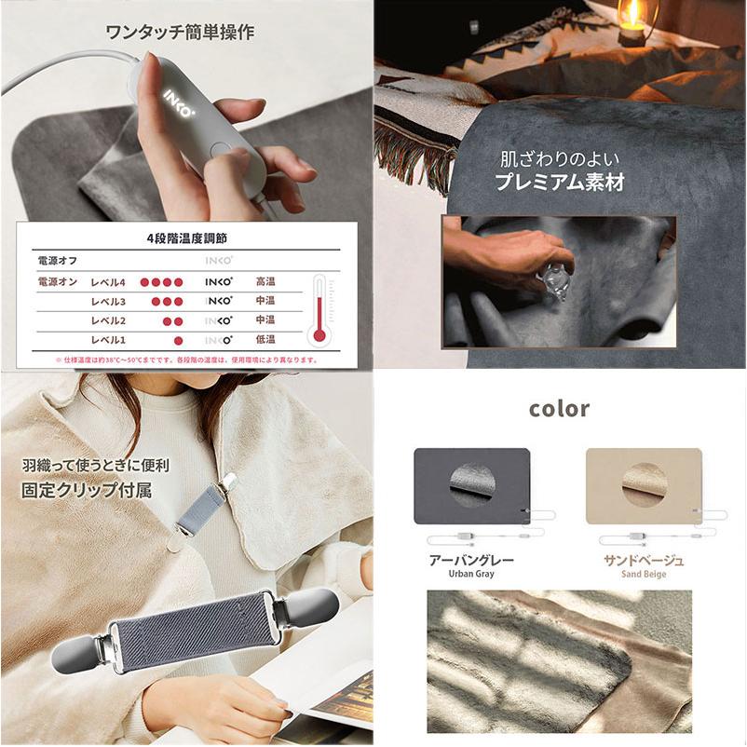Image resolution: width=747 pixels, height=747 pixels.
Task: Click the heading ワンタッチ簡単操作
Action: pyautogui.click(x=180, y=32)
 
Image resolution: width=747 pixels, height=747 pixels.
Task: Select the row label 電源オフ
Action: pyautogui.click(x=58, y=261)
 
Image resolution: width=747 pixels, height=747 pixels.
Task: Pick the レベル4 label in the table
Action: pyautogui.click(x=108, y=281)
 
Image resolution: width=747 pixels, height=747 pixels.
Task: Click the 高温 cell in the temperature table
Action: pyautogui.click(x=265, y=281)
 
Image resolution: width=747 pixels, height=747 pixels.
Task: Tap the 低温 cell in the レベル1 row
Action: pyautogui.click(x=265, y=339)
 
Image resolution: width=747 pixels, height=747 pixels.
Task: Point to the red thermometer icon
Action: pyautogui.click(x=319, y=309)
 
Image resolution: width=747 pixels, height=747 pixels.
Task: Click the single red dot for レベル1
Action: pyautogui.click(x=178, y=339)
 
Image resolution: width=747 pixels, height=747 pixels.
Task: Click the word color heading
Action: pyautogui.click(x=559, y=409)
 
